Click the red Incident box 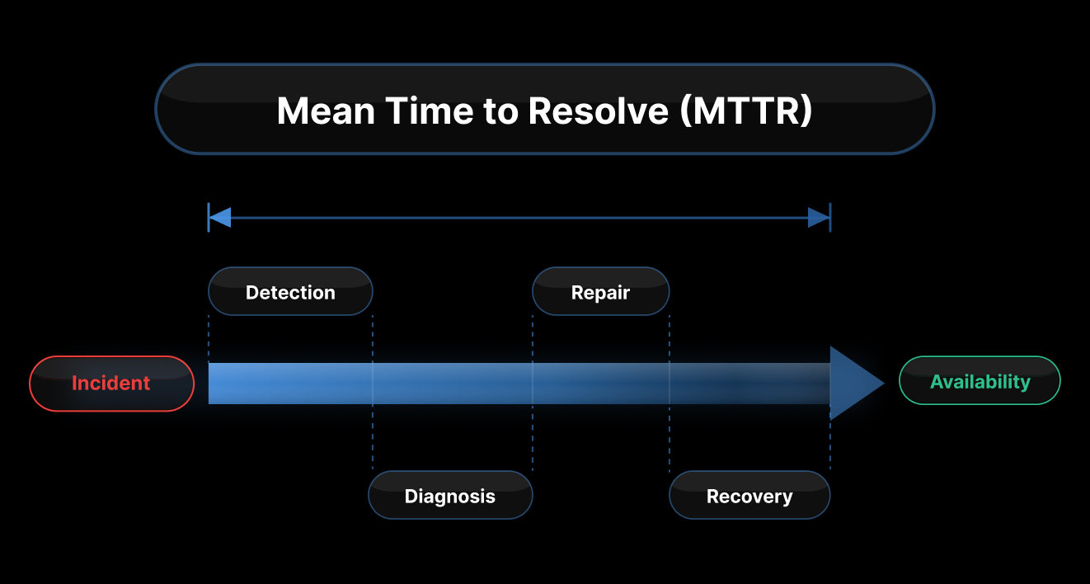111,384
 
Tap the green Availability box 980,381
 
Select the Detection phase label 290,292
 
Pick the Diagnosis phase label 450,496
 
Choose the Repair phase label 600,292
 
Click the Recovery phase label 749,496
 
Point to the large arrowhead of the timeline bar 854,384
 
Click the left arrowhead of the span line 220,218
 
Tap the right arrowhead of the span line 819,218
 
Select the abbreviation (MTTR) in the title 746,111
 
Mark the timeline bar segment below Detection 290,384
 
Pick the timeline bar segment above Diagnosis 452,384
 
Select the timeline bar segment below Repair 600,384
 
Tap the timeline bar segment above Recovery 749,384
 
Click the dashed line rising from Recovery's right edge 830,445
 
